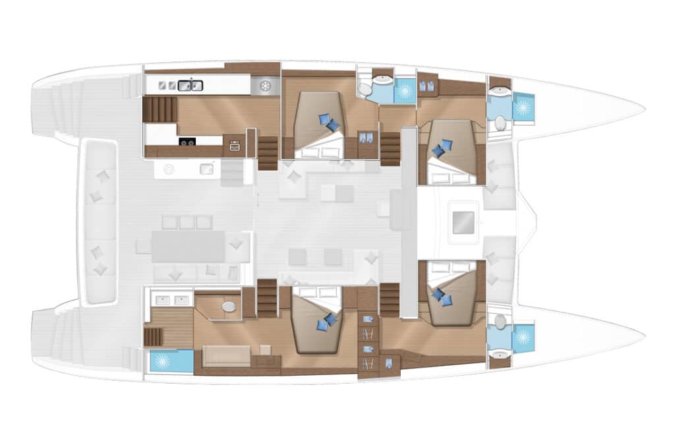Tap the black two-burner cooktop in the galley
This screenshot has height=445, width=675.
[187, 141]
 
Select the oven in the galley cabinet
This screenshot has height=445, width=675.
[234, 146]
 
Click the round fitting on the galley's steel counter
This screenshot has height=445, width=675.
[266, 86]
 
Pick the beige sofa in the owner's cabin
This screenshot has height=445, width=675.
[226, 355]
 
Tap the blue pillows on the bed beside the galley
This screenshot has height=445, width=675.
[328, 123]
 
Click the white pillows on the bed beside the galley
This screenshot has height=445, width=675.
[319, 152]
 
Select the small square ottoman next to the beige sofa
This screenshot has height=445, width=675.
[265, 349]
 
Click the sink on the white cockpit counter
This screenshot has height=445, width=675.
[206, 169]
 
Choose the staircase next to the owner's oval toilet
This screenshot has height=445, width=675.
[266, 298]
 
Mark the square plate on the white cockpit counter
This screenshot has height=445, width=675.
[169, 169]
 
